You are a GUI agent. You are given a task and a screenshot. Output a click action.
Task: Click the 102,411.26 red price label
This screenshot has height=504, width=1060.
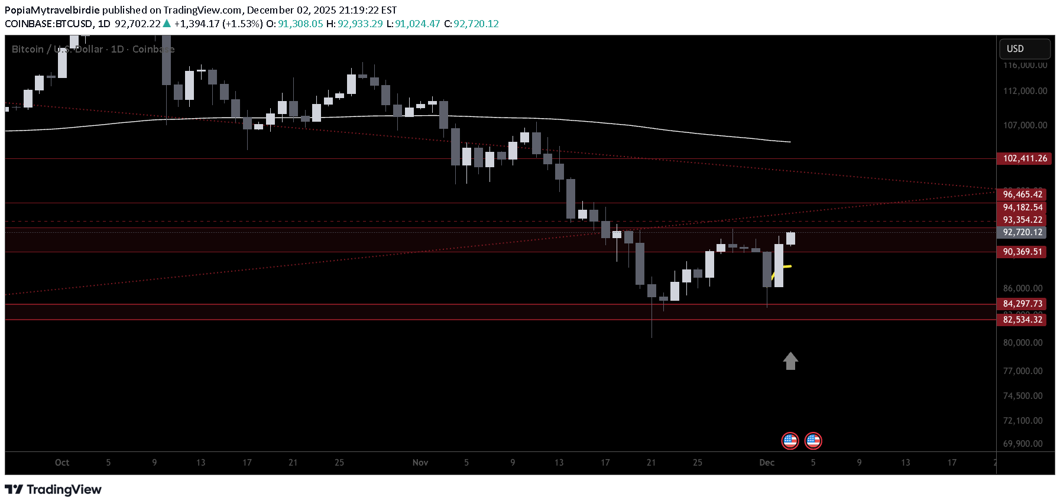(x=1025, y=158)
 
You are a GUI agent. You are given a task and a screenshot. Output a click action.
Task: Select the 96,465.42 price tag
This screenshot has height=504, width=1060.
(x=1023, y=194)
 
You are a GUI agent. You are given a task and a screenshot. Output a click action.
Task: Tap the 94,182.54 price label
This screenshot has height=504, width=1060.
(x=1023, y=207)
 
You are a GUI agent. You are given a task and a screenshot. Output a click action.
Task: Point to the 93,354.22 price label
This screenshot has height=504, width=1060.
(x=1023, y=220)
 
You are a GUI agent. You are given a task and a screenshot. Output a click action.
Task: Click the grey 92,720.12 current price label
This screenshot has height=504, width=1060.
(x=1023, y=232)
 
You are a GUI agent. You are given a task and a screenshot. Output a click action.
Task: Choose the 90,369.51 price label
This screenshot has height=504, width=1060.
(x=1023, y=252)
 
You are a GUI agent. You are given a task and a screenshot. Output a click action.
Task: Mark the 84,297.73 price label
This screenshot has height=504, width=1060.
(x=1023, y=304)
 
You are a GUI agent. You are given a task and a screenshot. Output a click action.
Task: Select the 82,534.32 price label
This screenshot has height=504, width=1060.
(x=1023, y=320)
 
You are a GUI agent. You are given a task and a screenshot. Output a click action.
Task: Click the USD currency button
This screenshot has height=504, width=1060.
(x=1024, y=49)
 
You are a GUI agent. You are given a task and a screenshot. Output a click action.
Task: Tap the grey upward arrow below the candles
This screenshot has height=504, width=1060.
(x=790, y=361)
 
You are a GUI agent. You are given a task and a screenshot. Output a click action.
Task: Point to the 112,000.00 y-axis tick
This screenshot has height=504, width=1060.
(x=1025, y=91)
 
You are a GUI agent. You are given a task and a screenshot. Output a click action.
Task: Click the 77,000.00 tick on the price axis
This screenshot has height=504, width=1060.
(x=1023, y=371)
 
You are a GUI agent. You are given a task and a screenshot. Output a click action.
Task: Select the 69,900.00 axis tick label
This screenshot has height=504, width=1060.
(x=1023, y=444)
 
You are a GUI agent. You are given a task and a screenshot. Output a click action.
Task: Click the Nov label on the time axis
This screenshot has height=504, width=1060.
(x=420, y=463)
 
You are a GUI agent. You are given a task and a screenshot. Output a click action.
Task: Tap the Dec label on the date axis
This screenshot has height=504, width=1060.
(x=767, y=463)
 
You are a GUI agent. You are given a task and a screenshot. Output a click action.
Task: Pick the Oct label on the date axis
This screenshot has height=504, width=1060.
(x=62, y=463)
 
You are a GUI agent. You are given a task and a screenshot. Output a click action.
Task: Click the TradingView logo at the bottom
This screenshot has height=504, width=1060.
(x=53, y=490)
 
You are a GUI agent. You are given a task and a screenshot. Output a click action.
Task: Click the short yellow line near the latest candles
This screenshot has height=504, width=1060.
(x=785, y=268)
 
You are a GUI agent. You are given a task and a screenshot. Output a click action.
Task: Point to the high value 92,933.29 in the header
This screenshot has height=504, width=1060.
(x=360, y=24)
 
